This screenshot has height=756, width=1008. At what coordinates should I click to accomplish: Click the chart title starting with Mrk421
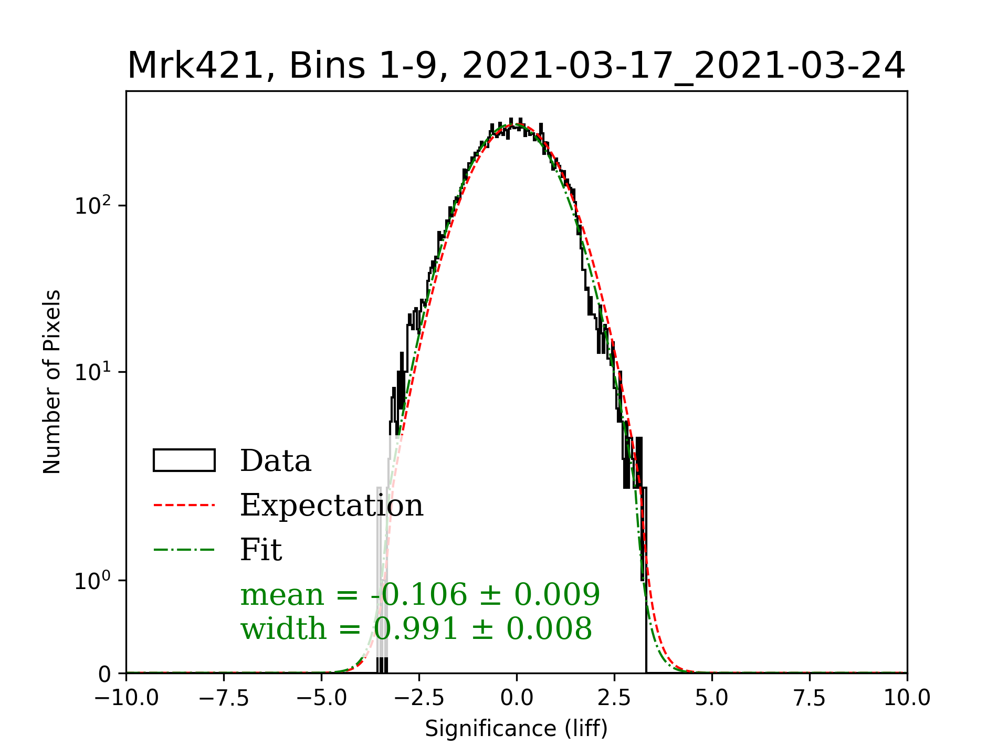pos(516,66)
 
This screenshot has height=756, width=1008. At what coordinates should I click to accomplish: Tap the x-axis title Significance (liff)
pos(516,729)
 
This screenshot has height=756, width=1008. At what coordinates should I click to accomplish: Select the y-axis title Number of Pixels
pos(52,382)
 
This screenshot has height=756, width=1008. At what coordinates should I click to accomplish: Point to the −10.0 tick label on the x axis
pos(126,698)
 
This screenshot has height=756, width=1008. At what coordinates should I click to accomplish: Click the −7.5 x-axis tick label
pos(224,698)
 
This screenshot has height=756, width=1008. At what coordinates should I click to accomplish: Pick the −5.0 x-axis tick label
pos(321,698)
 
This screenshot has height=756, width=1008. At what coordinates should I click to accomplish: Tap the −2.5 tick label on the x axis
pos(419,698)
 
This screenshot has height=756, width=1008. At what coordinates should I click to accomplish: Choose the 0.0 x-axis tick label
pos(517,698)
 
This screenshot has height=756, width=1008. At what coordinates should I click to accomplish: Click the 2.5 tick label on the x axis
pos(614,698)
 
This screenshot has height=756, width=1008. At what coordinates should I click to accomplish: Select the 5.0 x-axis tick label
pos(712,698)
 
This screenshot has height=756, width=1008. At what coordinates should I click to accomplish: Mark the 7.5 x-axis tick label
pos(810,698)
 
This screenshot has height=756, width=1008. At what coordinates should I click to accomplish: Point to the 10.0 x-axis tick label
pos(907,698)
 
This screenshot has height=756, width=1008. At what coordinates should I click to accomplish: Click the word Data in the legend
pos(276,461)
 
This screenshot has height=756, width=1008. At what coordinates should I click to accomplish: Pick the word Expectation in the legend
pos(331,505)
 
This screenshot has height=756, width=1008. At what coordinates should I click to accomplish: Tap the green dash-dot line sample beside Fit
pos(184,550)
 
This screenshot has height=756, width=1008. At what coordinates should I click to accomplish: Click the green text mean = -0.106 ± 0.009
pos(420,594)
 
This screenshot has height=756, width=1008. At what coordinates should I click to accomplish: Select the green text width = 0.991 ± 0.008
pos(416,628)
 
